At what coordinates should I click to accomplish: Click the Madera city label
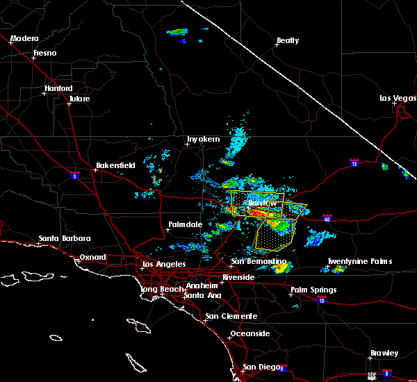coord(24,38)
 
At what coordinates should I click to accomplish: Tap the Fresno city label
coord(44,53)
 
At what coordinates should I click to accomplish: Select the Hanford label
coord(58,89)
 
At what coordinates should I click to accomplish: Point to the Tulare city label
coord(79,99)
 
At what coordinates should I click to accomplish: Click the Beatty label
coord(287,41)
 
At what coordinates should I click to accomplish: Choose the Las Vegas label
coord(396,98)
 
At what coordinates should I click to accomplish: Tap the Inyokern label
coord(203,140)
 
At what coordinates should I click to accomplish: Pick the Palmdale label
coord(185,225)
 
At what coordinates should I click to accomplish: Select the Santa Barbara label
coord(65,238)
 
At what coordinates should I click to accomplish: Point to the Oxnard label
coord(93,257)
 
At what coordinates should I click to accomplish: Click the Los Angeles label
coord(164,264)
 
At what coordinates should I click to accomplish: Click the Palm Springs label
coord(313,290)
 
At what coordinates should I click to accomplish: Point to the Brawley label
coord(384,353)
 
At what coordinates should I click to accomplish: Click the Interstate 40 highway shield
coord(326,219)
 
